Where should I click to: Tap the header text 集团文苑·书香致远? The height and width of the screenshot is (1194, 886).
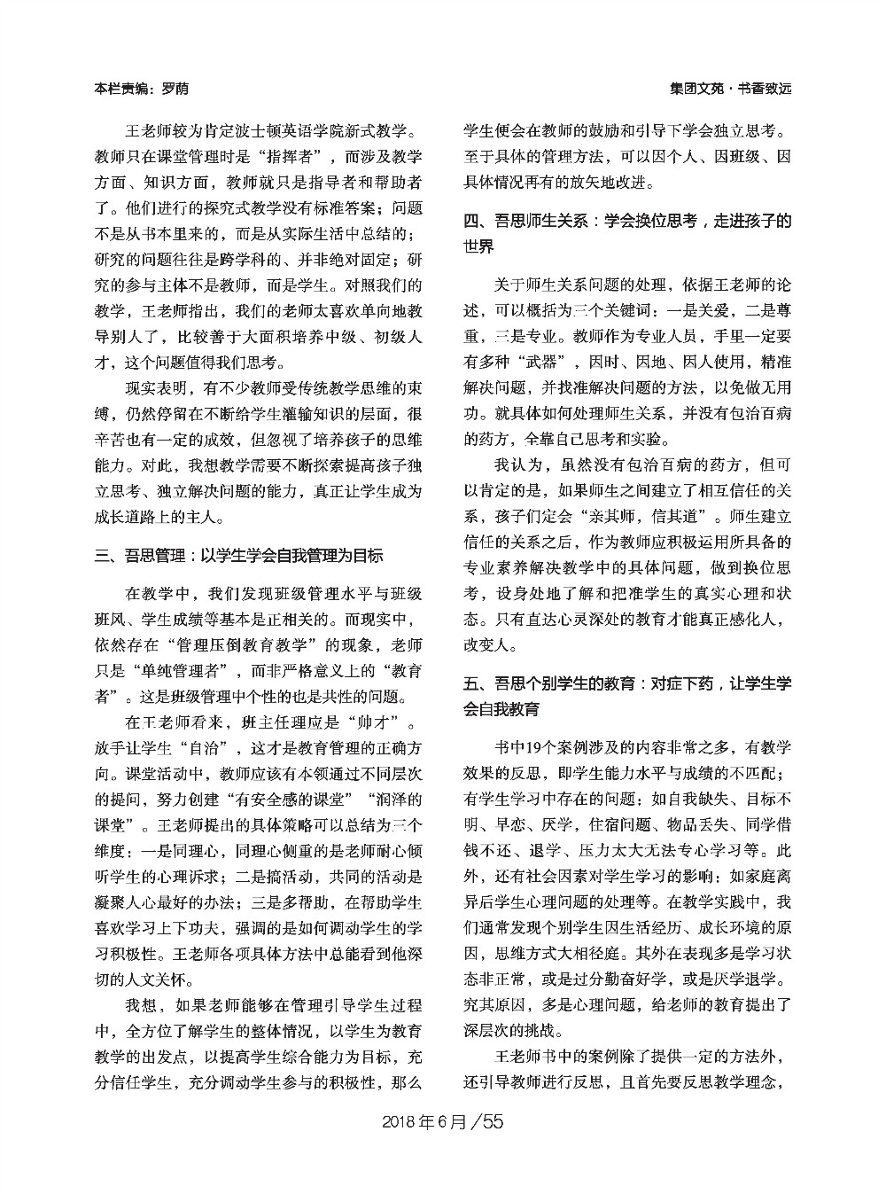pyautogui.click(x=730, y=90)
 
